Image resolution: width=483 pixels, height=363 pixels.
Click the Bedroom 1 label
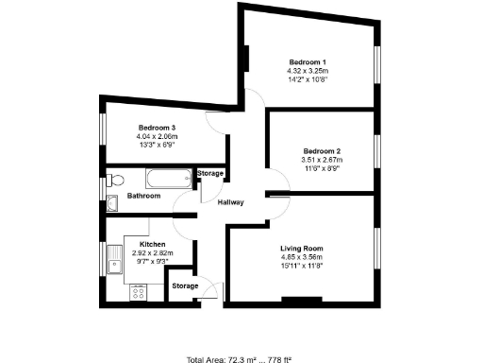307,62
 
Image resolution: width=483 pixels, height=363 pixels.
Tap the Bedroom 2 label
322,151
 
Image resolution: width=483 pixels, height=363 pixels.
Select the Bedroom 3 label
158,128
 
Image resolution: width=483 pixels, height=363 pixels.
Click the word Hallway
231,202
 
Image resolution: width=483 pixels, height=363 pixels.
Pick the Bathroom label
144,196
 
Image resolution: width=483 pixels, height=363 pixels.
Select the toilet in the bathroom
114,180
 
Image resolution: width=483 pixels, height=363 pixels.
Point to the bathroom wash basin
112,200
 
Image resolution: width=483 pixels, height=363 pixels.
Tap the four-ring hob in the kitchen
138,293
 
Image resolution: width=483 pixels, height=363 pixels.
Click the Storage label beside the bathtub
209,174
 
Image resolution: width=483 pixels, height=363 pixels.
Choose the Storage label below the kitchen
185,285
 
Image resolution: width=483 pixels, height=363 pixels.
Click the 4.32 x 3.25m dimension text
307,71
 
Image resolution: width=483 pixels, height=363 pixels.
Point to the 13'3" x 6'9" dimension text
158,145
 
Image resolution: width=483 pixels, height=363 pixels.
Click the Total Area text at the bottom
241,360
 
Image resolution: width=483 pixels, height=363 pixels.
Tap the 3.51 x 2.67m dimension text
322,160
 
